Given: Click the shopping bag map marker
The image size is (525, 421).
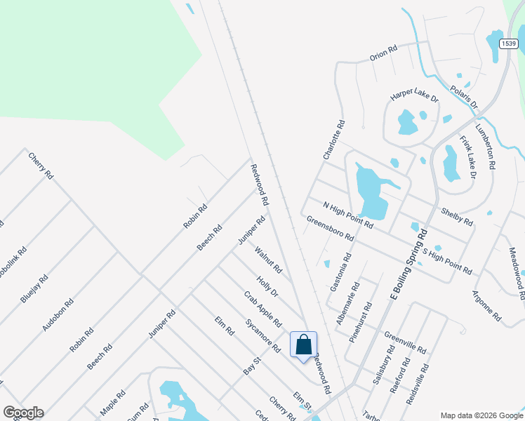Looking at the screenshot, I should pyautogui.click(x=303, y=345).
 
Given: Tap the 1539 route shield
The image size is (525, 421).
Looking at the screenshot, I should pyautogui.click(x=510, y=44).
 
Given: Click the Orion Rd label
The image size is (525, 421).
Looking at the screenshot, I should pyautogui.click(x=383, y=53).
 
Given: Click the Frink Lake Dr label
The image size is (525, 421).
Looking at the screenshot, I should pyautogui.click(x=467, y=157).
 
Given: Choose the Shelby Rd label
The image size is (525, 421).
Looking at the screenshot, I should pyautogui.click(x=456, y=215).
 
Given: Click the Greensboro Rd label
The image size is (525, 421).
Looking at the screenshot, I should pyautogui.click(x=330, y=229).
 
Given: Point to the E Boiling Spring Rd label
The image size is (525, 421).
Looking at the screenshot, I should pyautogui.click(x=408, y=269).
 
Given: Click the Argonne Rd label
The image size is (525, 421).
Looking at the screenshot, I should pyautogui.click(x=486, y=306).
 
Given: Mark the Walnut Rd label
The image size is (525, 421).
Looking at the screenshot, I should pyautogui.click(x=268, y=260).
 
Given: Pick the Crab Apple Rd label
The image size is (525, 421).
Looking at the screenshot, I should pyautogui.click(x=262, y=309).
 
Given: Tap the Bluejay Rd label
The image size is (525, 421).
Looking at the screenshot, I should pyautogui.click(x=34, y=288).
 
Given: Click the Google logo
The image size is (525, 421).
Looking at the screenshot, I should pyautogui.click(x=23, y=412).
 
